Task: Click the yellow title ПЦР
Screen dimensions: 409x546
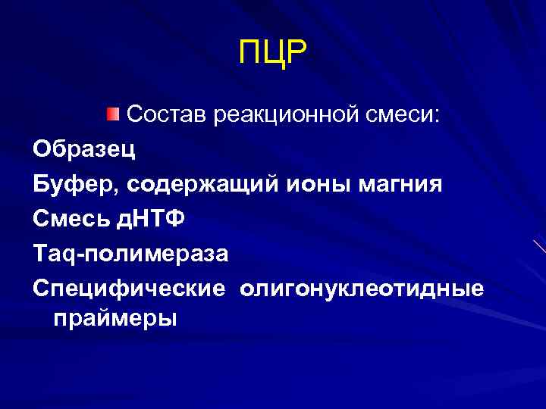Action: point(273,53)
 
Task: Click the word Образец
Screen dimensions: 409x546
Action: point(85,149)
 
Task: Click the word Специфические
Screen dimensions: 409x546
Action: point(129,289)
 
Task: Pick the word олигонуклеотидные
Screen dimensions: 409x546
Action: point(362,289)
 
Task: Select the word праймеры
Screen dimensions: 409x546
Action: point(114,319)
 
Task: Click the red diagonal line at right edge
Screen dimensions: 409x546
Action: point(539,245)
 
